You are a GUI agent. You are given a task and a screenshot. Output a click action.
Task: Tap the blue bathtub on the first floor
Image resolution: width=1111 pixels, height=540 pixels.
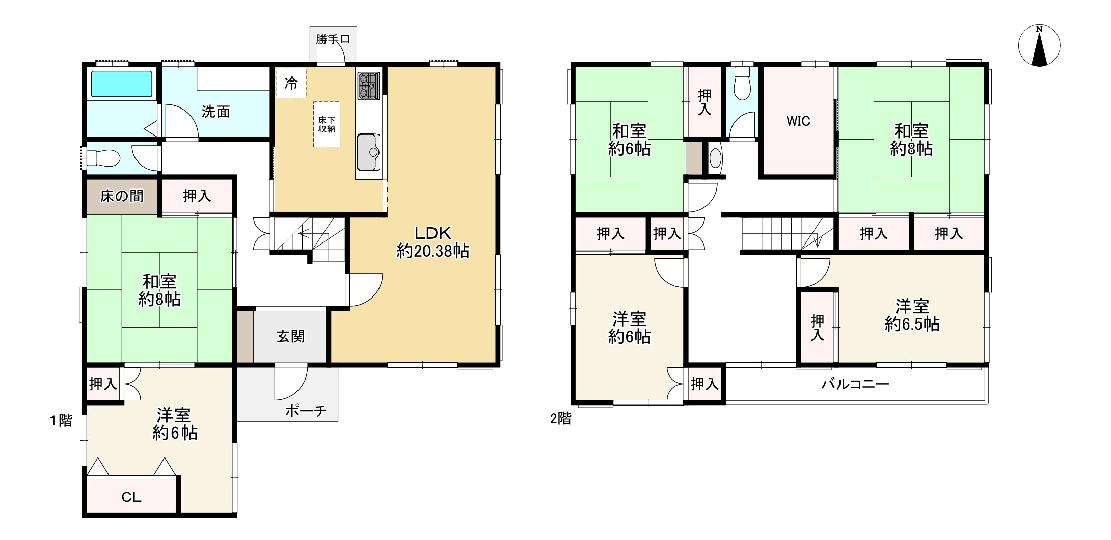(122, 84)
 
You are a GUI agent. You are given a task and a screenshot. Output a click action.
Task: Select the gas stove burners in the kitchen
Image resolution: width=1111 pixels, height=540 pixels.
(369, 86)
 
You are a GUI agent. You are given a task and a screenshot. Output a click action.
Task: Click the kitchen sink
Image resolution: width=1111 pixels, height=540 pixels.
(369, 152)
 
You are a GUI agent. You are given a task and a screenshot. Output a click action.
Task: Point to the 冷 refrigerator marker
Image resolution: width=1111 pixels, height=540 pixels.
(291, 83)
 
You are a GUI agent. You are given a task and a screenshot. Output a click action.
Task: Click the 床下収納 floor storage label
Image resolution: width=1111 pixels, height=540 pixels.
(327, 124)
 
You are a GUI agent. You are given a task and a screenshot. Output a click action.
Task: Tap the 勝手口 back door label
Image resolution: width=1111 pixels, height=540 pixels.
(333, 39)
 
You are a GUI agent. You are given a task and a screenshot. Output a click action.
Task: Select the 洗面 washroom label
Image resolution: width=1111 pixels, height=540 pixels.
(215, 112)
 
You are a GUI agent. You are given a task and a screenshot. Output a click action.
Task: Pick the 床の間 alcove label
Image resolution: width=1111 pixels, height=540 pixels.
(122, 196)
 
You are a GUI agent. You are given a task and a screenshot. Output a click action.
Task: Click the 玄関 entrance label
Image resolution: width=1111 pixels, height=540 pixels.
(290, 336)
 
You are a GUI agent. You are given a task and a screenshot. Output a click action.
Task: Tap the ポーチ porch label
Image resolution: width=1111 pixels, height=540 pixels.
(306, 411)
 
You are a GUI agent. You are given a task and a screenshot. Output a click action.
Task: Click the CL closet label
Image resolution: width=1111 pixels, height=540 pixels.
(131, 497)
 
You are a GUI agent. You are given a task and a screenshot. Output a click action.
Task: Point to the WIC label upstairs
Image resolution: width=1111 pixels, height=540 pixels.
(798, 121)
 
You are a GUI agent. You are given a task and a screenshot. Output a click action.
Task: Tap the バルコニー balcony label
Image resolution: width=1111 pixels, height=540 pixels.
(855, 384)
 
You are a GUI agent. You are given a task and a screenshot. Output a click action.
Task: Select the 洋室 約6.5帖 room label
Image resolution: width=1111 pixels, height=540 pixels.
(912, 315)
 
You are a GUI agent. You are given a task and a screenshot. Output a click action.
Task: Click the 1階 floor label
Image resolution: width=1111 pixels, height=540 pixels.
(61, 421)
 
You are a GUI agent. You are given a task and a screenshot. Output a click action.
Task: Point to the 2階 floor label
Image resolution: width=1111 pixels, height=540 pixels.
(561, 419)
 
